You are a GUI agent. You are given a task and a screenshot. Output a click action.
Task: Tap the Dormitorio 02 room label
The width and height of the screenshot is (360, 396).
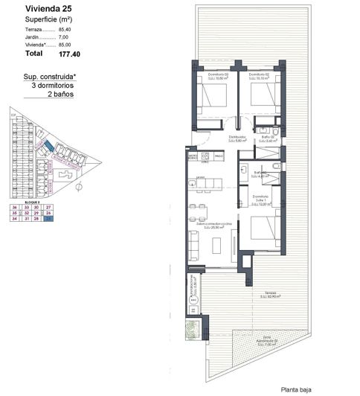(259, 76)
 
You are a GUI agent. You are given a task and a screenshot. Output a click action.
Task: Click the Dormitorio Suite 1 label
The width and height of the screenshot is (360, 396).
(260, 199)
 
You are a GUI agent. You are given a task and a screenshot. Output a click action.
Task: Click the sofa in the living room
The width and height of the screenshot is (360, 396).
(194, 244)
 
